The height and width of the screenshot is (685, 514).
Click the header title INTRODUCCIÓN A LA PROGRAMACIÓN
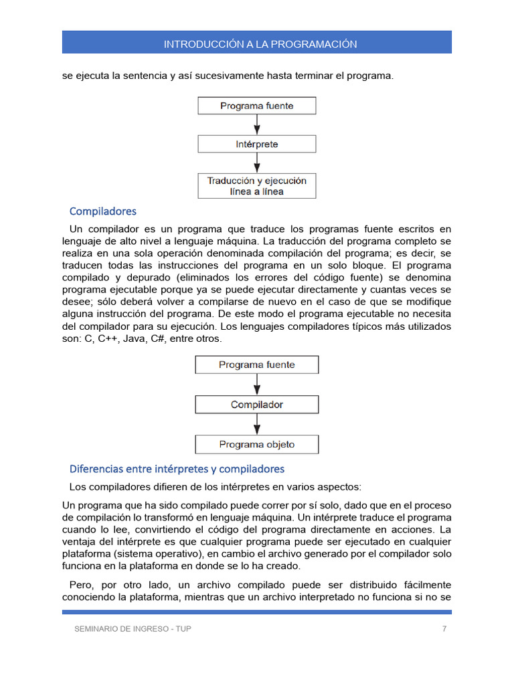coord(260,44)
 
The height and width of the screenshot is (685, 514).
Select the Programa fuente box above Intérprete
coord(256,106)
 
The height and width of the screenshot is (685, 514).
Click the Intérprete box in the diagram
coord(256,144)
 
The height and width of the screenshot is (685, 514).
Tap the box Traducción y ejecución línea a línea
coord(256,186)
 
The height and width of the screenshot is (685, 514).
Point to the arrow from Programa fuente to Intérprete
coord(257,124)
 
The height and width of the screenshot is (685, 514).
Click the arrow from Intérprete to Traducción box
coord(257,163)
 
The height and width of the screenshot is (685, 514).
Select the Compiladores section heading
coord(102,211)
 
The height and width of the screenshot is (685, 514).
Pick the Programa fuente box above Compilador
coord(256,365)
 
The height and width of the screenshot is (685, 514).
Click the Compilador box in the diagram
coord(256,405)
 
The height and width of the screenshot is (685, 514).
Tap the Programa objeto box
coord(256,444)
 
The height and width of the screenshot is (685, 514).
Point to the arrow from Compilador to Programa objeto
coord(257,424)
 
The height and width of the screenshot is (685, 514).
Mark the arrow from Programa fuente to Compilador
coord(257,385)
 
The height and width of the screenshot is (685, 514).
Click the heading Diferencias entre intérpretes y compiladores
coord(177,469)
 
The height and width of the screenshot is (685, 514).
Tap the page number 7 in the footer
coord(444,629)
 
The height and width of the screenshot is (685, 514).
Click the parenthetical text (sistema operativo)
coord(161,554)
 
